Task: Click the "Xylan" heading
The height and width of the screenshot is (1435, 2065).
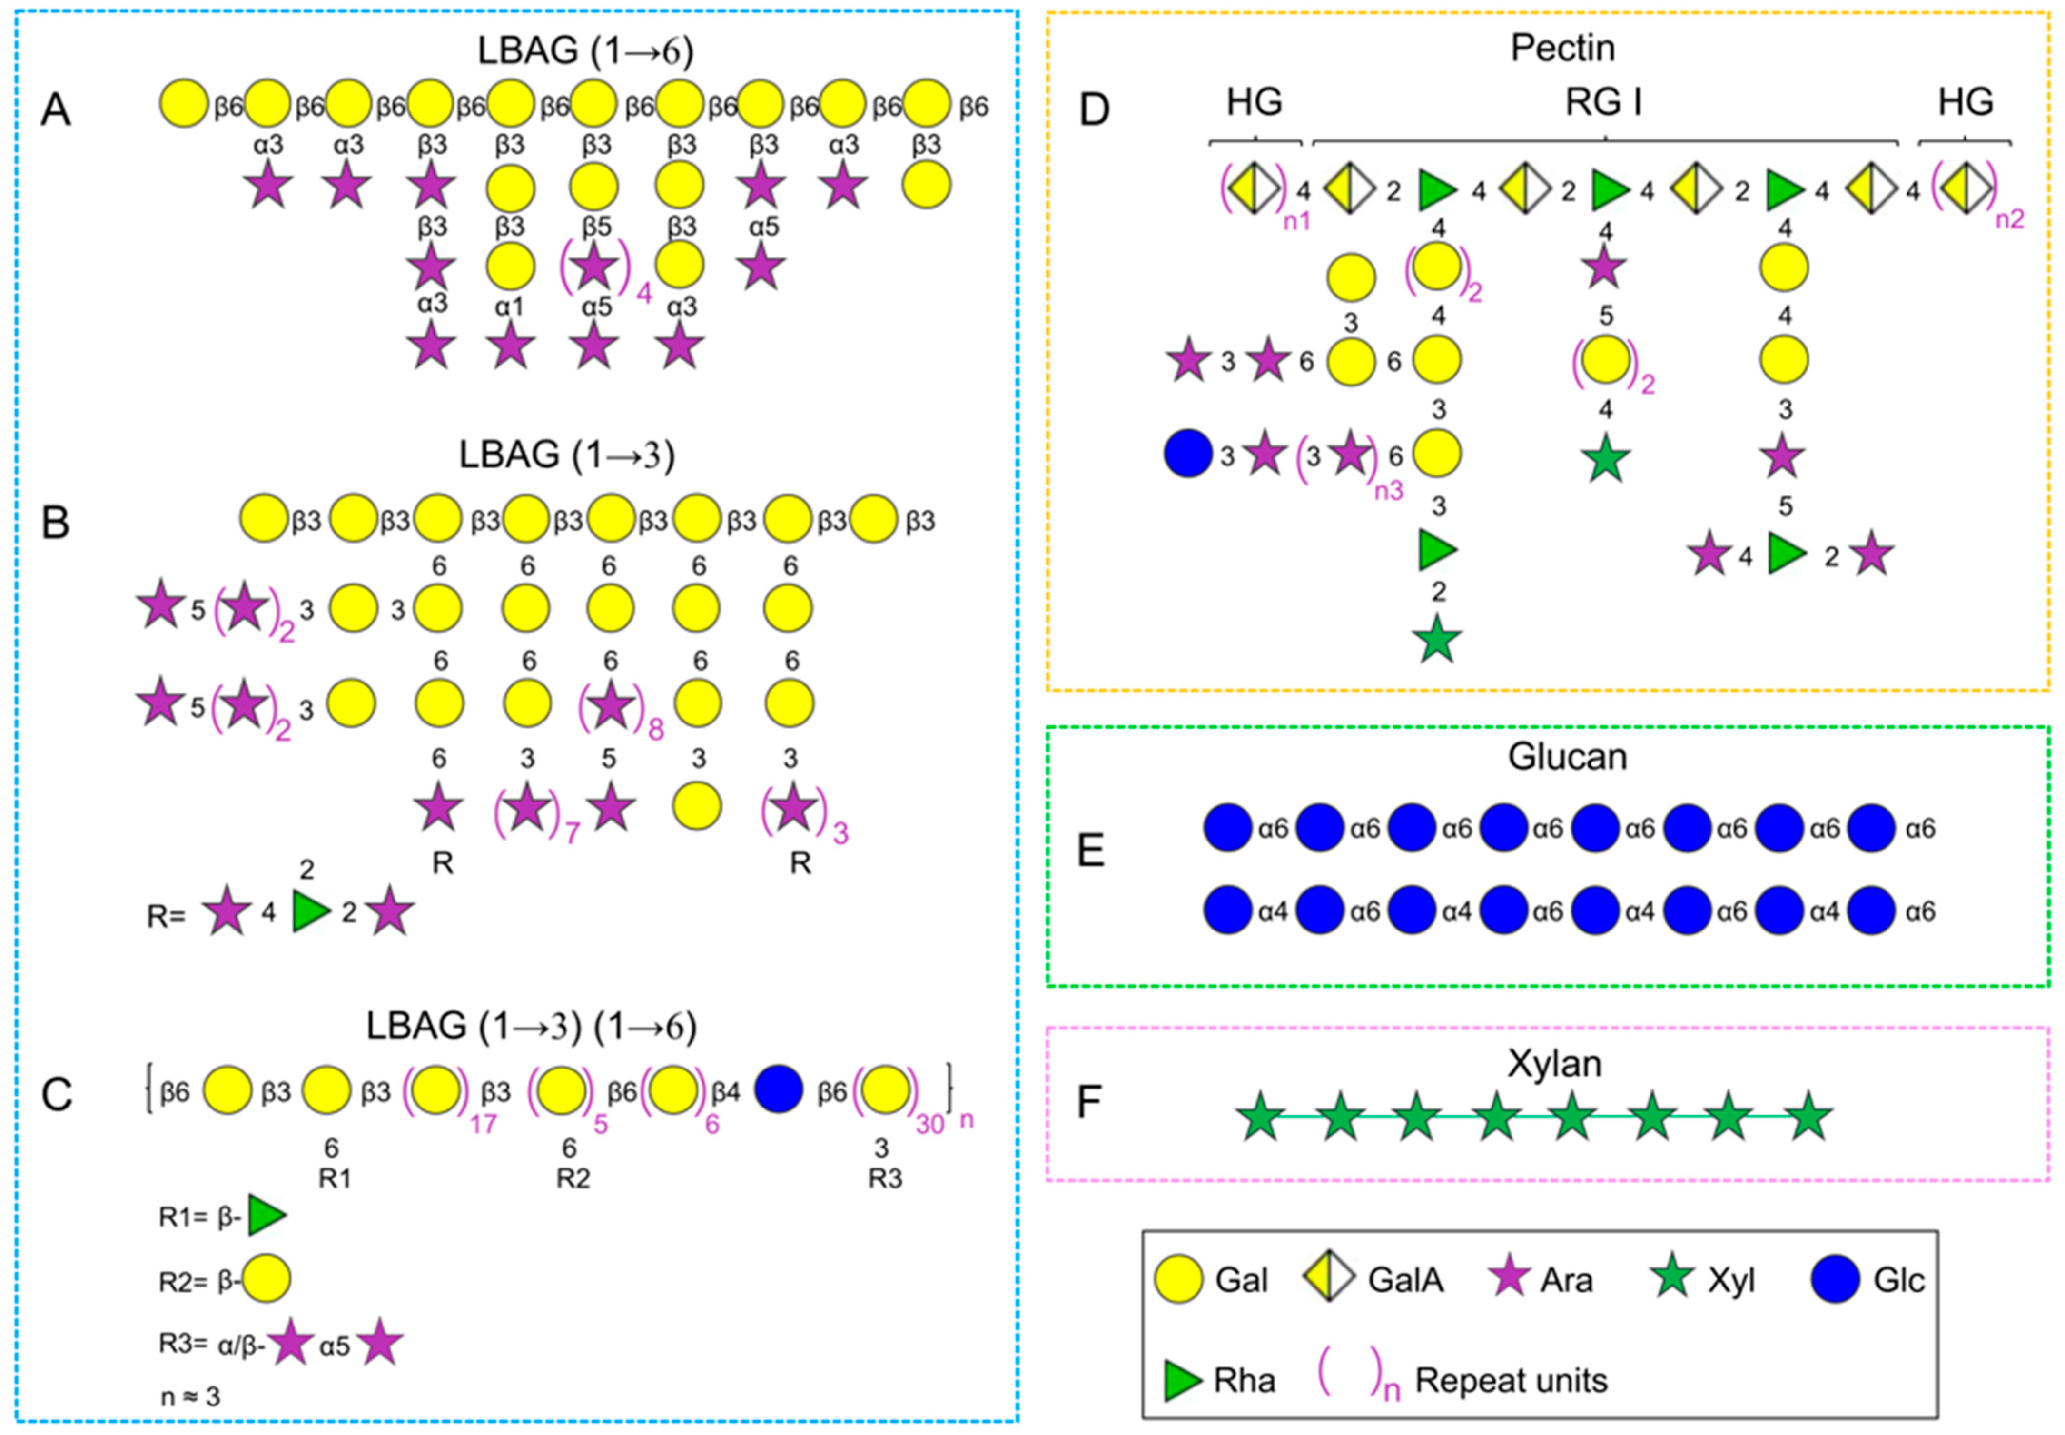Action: pyautogui.click(x=1554, y=1064)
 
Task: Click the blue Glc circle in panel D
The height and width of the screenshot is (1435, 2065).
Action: pyautogui.click(x=1188, y=455)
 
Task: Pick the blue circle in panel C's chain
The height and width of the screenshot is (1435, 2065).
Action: pyautogui.click(x=779, y=1090)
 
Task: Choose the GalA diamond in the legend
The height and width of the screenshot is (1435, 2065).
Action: pyautogui.click(x=1329, y=1278)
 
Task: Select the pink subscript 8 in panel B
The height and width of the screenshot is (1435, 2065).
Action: pyautogui.click(x=656, y=728)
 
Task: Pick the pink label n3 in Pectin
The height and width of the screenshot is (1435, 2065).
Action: pyautogui.click(x=1389, y=491)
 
